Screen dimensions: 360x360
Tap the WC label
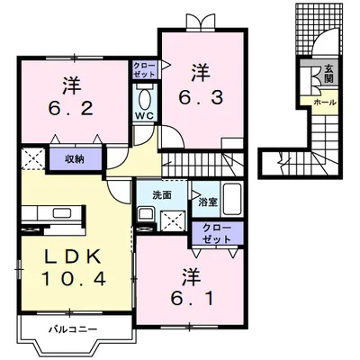click(144, 116)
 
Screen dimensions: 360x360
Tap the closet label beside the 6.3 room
click(143, 70)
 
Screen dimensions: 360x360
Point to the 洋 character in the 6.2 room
click(71, 86)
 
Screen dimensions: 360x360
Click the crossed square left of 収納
click(32, 160)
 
